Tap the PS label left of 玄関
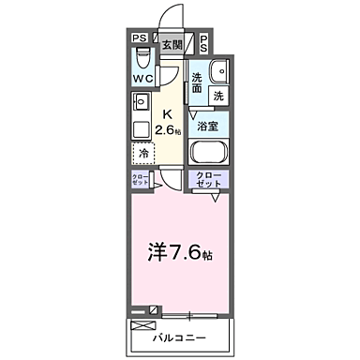(x=139, y=39)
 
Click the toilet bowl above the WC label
(x=141, y=60)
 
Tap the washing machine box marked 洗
(x=217, y=96)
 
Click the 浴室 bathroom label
(x=206, y=124)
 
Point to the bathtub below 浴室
(x=210, y=152)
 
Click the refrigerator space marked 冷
(x=143, y=152)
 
